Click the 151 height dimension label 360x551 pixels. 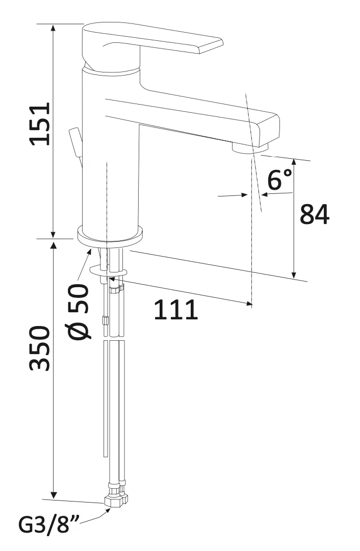(40, 124)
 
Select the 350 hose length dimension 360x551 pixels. (40, 349)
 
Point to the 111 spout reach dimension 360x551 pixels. (175, 310)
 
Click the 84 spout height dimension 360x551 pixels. (314, 214)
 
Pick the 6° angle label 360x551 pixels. (280, 180)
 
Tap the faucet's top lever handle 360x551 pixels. (153, 43)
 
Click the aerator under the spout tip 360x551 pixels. (249, 147)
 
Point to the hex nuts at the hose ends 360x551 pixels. (116, 497)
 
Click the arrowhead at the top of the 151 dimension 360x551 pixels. (54, 28)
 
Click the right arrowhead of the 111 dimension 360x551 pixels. (249, 304)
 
